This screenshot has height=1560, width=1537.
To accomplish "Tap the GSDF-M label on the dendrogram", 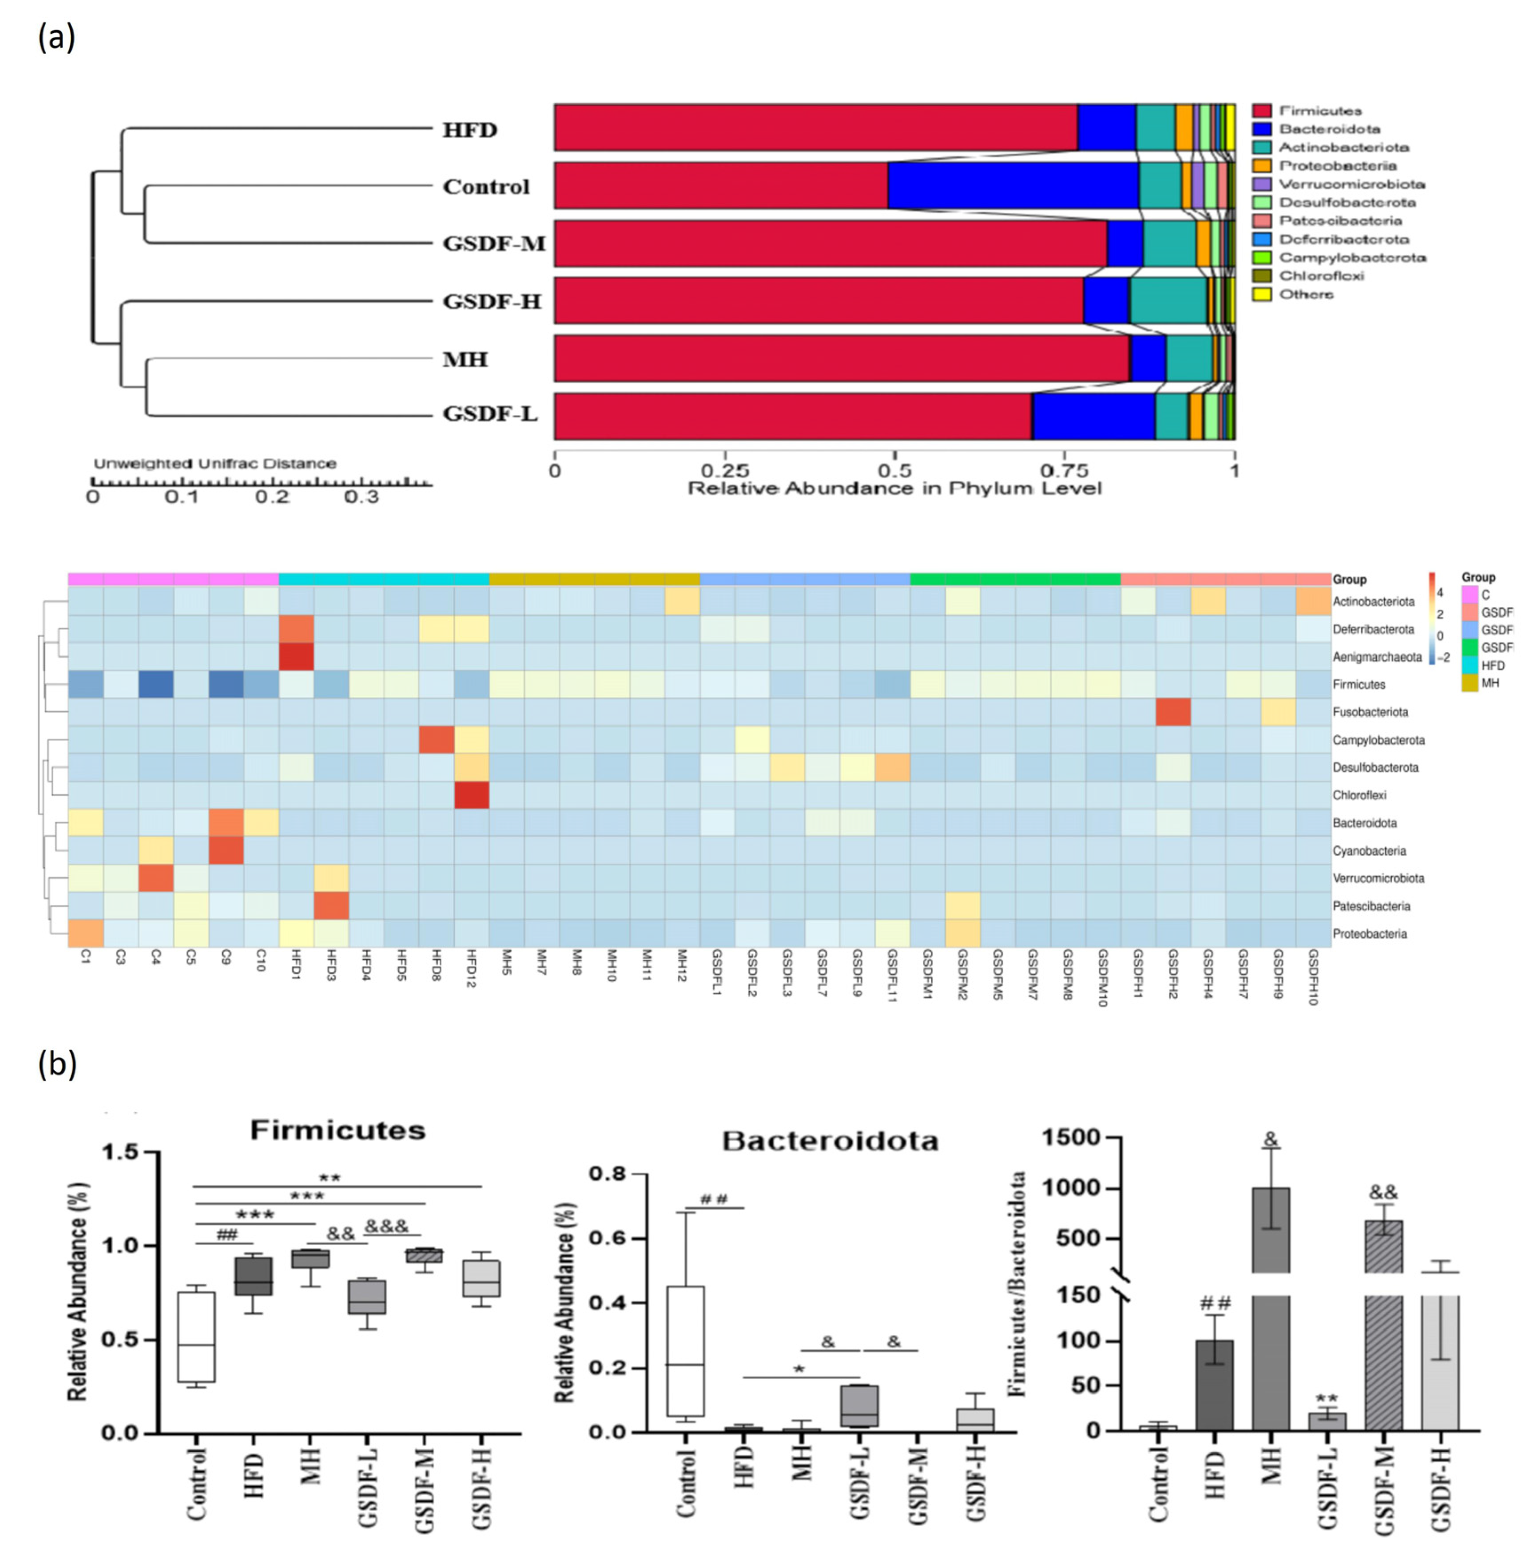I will (494, 243).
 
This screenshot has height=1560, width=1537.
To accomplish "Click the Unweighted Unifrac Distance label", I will (215, 463).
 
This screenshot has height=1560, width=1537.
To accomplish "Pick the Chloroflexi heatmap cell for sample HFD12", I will (472, 795).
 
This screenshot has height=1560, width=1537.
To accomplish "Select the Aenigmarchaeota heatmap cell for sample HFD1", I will (295, 657).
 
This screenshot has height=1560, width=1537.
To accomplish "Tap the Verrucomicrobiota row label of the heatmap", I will (1378, 878).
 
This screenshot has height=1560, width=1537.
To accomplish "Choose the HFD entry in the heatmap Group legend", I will (1493, 665).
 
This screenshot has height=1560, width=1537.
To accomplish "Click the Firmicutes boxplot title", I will (338, 1130).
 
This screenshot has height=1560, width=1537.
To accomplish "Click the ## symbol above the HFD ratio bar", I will (1215, 1302).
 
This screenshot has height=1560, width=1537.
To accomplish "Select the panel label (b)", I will (56, 1064).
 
